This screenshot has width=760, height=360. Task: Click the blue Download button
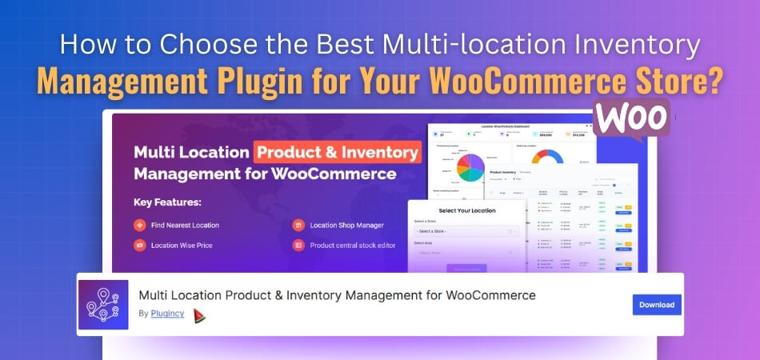tap(657, 304)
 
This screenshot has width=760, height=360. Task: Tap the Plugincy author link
tap(167, 314)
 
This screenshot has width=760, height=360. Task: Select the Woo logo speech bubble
tap(632, 119)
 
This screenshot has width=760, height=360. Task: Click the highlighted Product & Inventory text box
tap(337, 152)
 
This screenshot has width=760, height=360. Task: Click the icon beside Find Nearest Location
tap(139, 225)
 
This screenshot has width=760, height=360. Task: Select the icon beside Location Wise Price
tap(139, 245)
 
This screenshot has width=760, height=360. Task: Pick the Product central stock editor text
tap(353, 245)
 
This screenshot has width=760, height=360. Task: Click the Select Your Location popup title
tap(466, 210)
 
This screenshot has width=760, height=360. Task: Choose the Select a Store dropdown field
tap(466, 231)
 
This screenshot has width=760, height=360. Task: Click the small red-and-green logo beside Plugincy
tap(199, 315)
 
